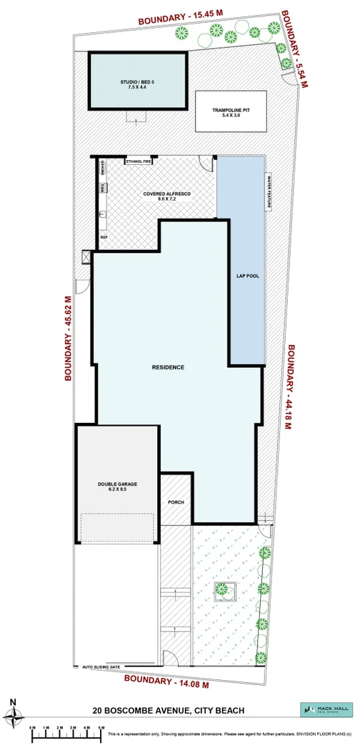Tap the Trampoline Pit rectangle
pos(229,111)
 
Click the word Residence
pos(168,367)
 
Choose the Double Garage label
pos(117,486)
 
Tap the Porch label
pos(176,502)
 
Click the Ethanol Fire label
pos(139,161)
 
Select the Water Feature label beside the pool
pos(270,191)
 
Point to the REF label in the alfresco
pos(104,236)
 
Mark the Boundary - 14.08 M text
pos(166,680)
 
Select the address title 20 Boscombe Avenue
pos(169,711)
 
